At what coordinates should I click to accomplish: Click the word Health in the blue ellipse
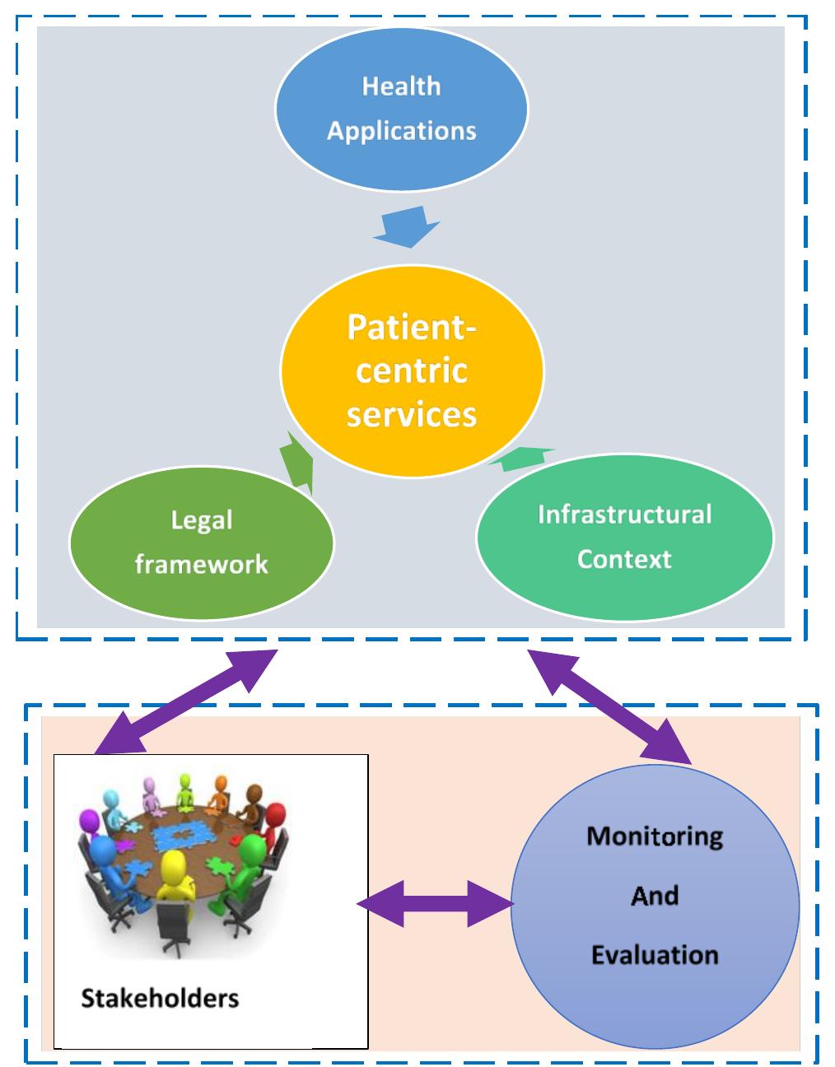tap(401, 86)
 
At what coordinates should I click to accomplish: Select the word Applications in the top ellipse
tap(401, 131)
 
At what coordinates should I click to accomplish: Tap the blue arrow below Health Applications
tap(406, 228)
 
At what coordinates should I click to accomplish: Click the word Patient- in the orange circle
tap(411, 327)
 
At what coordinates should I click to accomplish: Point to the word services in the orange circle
tap(411, 413)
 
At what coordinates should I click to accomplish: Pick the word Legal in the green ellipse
tap(202, 520)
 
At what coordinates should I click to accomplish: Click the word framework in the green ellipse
tap(202, 564)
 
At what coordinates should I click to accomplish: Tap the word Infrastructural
tap(624, 515)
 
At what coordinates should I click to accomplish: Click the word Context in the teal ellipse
tap(624, 559)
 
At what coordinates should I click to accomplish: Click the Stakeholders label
tap(160, 999)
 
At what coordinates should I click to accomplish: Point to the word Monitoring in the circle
tap(655, 836)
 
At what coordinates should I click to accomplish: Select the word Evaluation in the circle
tap(655, 955)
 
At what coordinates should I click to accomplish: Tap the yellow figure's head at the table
tap(174, 867)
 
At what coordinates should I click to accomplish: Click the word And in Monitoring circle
tap(655, 896)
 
